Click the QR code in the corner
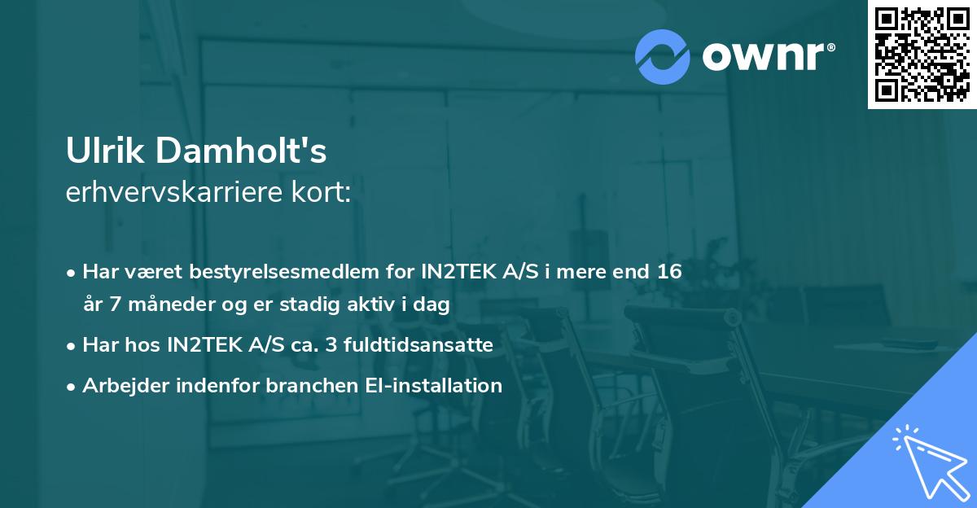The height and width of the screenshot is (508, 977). [x=921, y=55]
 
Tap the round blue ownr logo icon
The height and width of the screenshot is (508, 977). [x=663, y=56]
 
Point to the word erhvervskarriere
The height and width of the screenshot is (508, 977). [x=173, y=194]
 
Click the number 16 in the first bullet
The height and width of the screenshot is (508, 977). [x=668, y=271]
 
